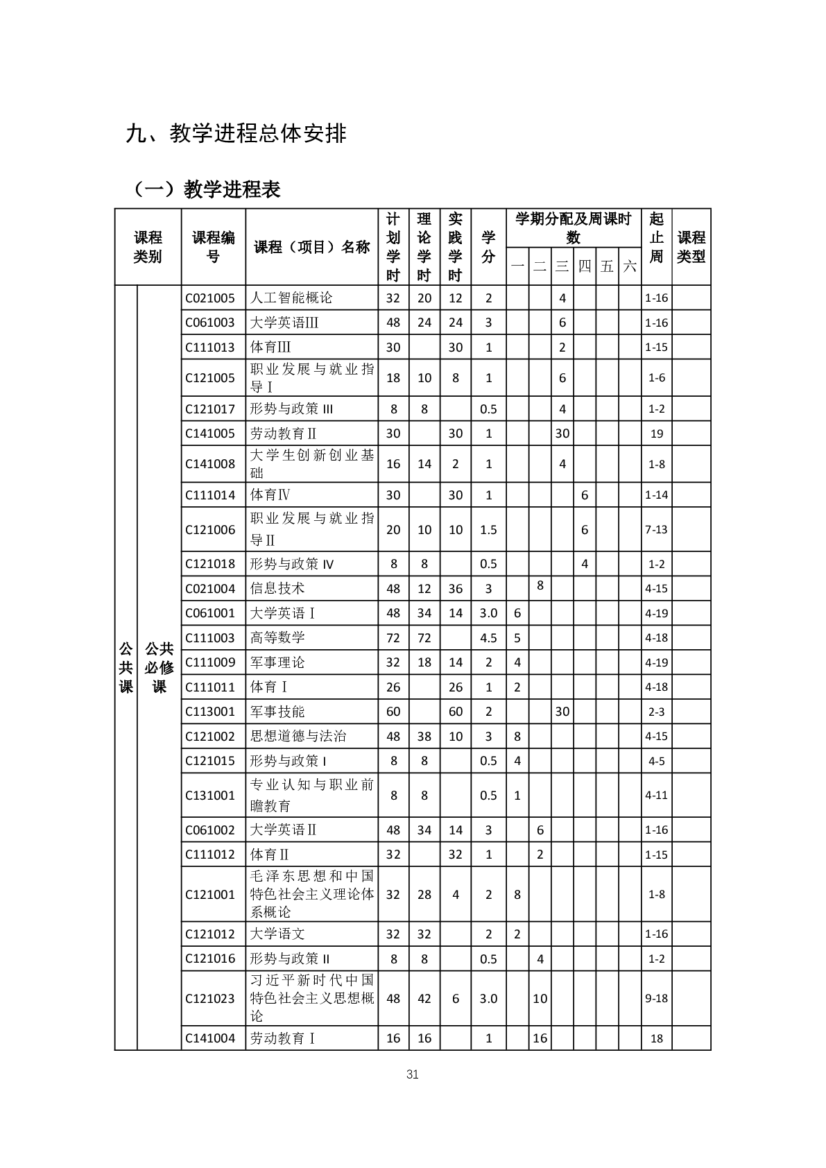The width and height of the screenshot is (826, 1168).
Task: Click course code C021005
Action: (210, 298)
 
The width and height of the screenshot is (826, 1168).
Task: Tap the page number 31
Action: (413, 1075)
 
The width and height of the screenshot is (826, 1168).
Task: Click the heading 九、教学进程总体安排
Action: (236, 133)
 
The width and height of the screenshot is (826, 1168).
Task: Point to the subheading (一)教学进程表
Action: (207, 189)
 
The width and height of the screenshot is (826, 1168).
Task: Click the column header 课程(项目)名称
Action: (311, 248)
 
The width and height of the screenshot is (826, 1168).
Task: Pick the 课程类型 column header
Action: (691, 247)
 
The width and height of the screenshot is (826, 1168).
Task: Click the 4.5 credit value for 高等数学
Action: (488, 638)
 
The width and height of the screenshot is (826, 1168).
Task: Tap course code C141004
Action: (210, 1038)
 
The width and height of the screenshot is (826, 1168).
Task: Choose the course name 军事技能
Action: (277, 712)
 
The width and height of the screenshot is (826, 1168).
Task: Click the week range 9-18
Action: (656, 999)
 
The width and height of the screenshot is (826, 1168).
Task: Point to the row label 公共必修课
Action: (159, 667)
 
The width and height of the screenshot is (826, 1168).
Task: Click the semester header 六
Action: (629, 266)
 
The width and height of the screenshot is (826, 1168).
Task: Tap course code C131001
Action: (210, 796)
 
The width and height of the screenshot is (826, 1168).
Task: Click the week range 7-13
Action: (656, 530)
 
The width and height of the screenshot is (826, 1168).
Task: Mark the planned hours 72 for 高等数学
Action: (393, 638)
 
